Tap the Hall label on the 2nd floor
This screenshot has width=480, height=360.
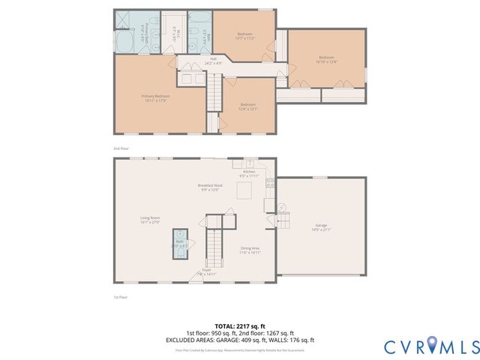[x=213, y=61]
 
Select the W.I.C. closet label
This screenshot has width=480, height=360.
[x=174, y=34]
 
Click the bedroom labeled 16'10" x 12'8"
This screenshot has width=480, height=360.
[x=325, y=60]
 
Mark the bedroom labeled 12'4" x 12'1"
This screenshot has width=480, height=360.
[x=248, y=106]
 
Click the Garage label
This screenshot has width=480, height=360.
[x=321, y=226]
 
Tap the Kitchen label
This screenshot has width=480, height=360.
[x=249, y=172]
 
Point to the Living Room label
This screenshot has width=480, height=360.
[x=151, y=220]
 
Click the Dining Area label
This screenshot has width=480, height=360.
[x=250, y=250]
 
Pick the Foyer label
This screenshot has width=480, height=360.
[x=205, y=272]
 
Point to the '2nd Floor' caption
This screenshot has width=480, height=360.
[x=121, y=149]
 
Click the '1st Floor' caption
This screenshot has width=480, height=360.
[x=121, y=297]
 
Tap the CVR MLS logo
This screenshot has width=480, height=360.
[x=430, y=346]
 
